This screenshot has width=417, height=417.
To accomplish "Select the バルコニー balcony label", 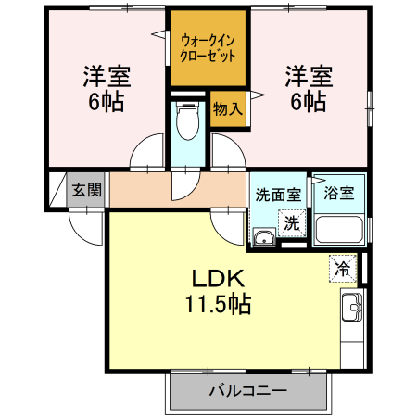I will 247,391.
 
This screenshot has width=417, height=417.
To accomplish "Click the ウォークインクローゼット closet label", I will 208,47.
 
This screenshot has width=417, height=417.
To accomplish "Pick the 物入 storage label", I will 227,108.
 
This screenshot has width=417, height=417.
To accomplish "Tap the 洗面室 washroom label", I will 278,196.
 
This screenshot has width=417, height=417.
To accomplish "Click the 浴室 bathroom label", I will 339,196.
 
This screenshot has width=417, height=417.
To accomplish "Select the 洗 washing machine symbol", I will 292,223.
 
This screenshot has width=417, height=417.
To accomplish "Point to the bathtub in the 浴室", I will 339,230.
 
